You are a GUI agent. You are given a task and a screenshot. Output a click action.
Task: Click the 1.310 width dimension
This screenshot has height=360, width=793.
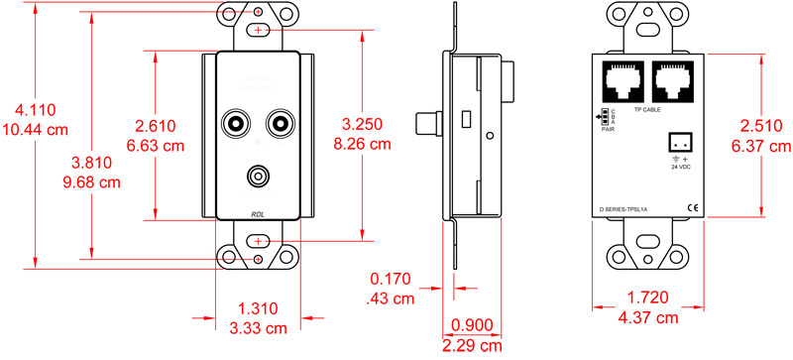258,308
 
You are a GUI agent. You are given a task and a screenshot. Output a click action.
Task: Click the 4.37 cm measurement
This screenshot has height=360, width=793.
649,317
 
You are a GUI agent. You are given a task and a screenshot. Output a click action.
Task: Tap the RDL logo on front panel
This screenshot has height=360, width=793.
257,213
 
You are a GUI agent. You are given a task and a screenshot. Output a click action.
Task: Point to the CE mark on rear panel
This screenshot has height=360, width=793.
692,207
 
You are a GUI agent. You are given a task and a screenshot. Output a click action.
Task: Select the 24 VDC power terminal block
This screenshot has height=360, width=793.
679,141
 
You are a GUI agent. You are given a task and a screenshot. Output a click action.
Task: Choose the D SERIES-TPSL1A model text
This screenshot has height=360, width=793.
623,210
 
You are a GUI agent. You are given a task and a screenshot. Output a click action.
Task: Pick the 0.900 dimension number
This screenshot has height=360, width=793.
471,325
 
